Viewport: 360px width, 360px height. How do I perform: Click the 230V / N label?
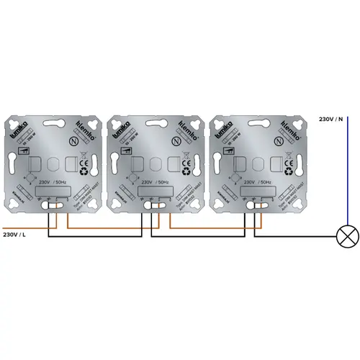[x=330, y=120]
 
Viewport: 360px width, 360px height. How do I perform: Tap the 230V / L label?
[x=17, y=235]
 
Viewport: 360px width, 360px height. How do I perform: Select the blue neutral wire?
[x=347, y=173]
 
